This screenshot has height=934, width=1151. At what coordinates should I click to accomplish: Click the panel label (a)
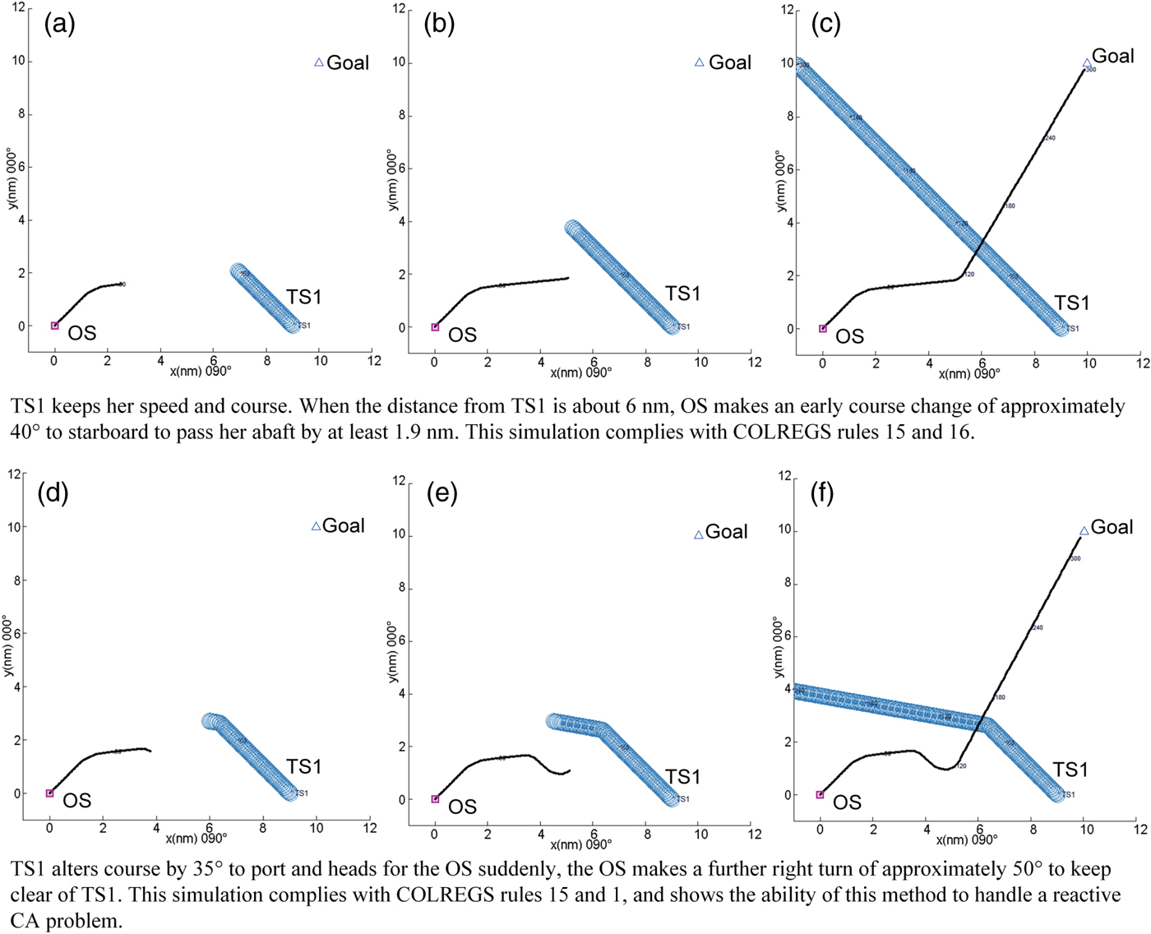[x=59, y=24]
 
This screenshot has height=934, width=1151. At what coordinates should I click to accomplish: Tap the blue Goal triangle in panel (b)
[x=700, y=62]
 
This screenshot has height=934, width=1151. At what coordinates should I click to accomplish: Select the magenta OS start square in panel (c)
[x=823, y=329]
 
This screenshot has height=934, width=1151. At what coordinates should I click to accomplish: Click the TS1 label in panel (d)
[x=303, y=766]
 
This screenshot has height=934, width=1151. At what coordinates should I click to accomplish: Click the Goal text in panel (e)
[x=727, y=532]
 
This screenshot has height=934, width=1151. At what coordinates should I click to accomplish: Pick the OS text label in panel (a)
[x=82, y=333]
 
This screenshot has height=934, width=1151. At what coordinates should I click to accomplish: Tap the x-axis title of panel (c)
[x=969, y=374]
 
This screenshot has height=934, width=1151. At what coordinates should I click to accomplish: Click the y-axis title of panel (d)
[x=9, y=646]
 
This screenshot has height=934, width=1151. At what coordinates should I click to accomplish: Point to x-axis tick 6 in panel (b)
[x=594, y=362]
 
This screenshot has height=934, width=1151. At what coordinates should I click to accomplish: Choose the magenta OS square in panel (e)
[x=436, y=799]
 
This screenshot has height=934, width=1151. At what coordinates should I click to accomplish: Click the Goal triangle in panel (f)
[x=1084, y=531]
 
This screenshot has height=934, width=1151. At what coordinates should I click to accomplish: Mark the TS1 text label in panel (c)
[x=1072, y=303]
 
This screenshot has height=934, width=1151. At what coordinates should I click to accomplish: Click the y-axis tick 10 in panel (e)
[x=398, y=534]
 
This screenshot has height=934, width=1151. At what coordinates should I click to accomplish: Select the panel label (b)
[x=439, y=24]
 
